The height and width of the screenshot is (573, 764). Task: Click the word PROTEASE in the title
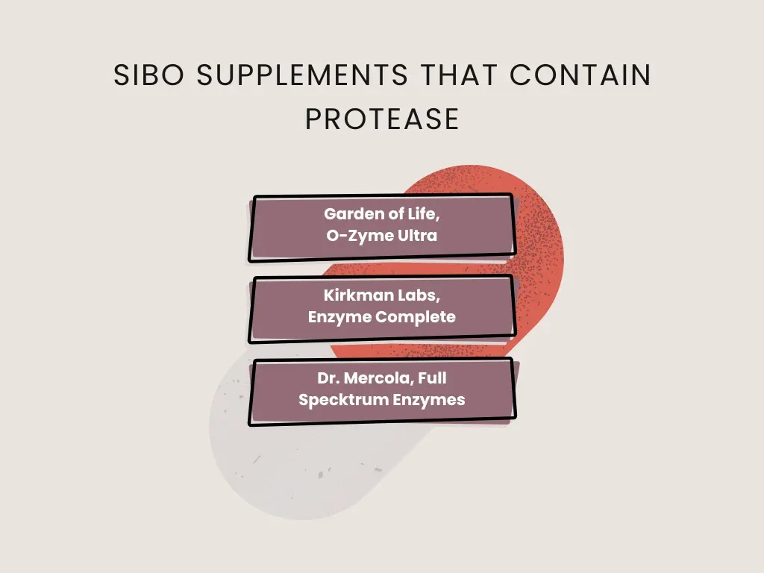382,119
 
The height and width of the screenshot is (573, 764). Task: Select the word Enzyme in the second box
339,316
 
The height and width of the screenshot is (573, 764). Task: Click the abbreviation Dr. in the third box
329,378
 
